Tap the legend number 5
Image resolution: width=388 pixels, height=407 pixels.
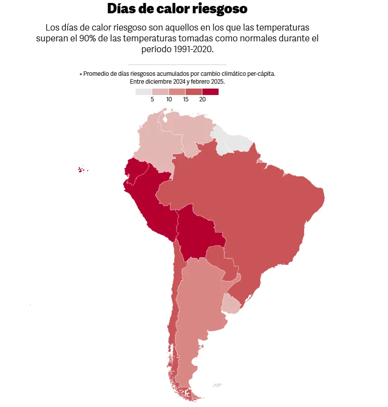(152, 99)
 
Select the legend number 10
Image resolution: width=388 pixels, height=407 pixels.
(169, 99)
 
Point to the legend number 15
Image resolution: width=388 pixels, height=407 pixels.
(186, 99)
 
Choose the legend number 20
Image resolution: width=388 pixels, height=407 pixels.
(202, 99)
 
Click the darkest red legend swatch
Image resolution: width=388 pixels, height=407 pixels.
(210, 92)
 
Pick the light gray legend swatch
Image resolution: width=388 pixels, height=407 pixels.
(144, 92)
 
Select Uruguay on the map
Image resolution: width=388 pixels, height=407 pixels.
(230, 303)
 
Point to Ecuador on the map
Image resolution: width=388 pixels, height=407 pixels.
(135, 170)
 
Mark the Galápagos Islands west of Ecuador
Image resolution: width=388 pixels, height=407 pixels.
(82, 170)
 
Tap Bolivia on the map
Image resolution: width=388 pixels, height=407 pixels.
(196, 234)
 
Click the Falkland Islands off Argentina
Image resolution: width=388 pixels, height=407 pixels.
(217, 385)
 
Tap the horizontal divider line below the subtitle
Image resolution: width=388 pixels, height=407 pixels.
(177, 64)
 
